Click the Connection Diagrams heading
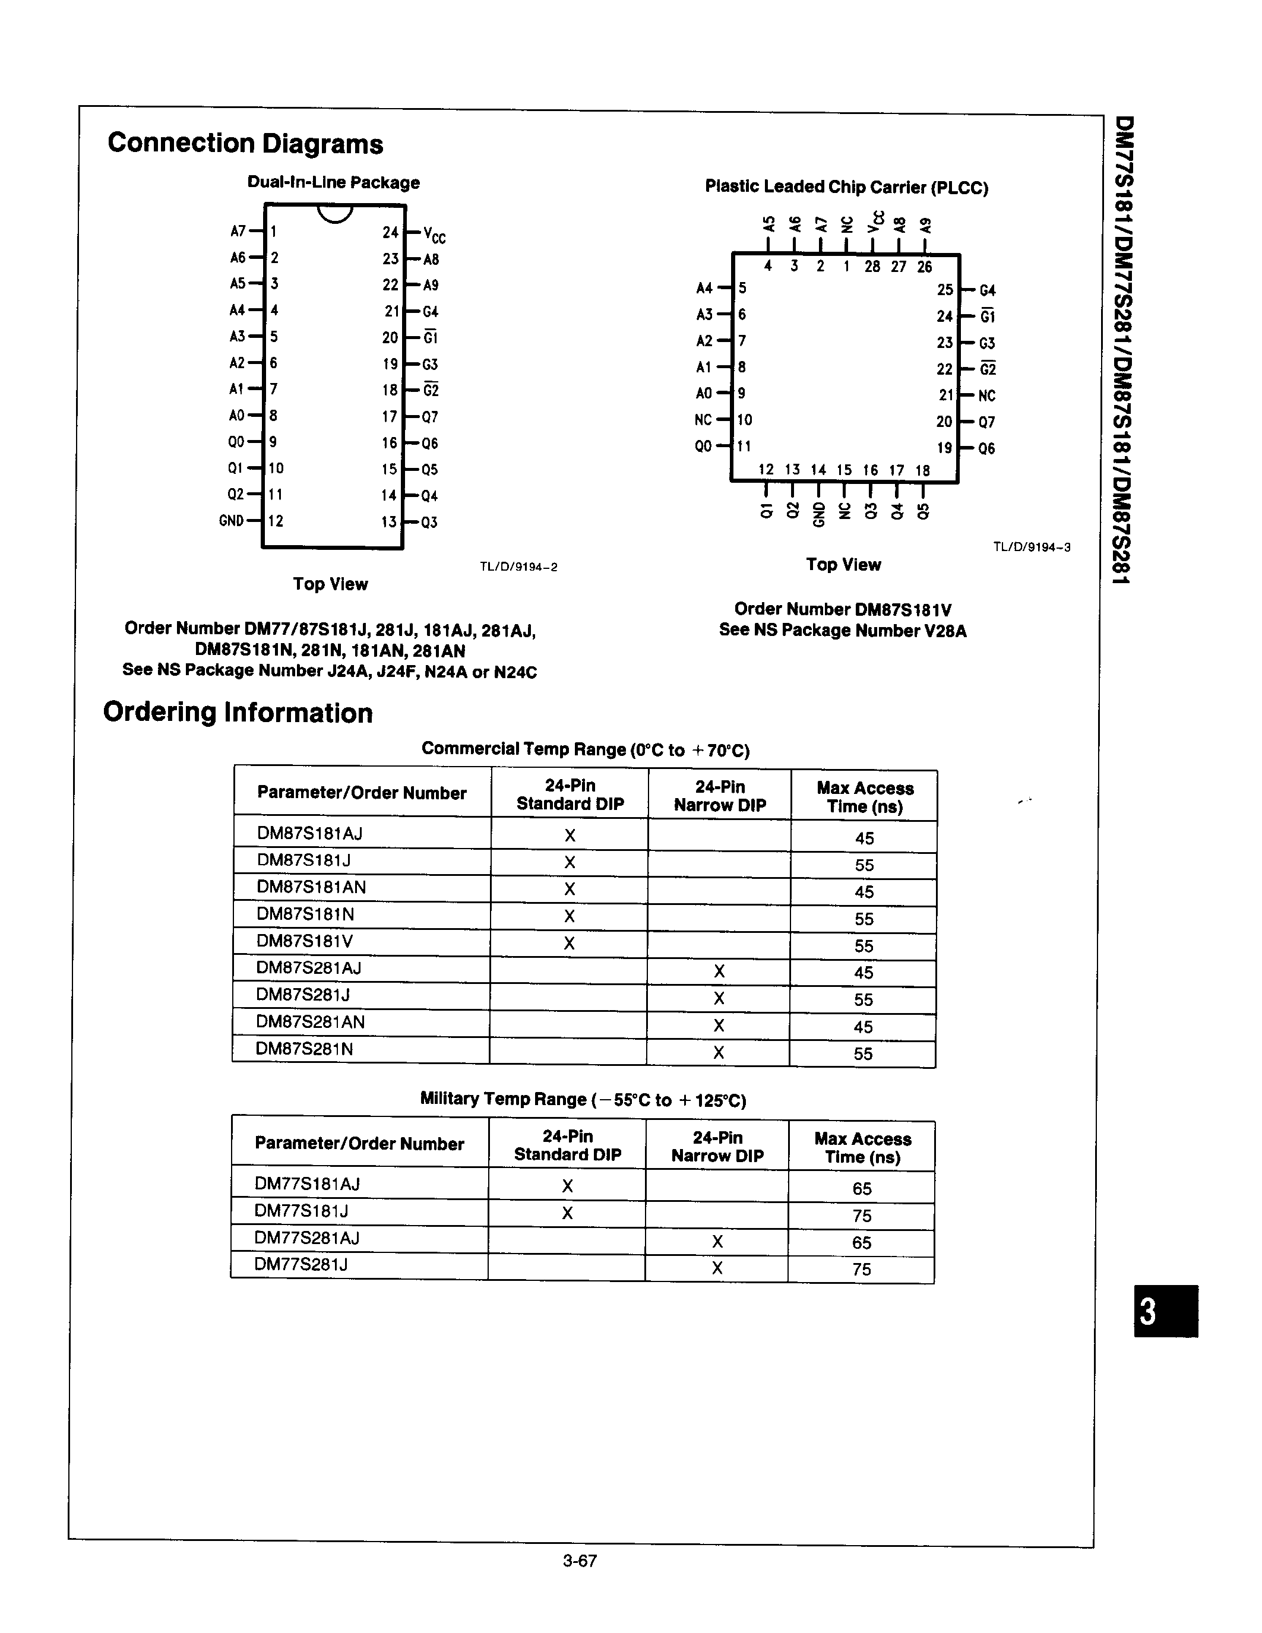point(245,144)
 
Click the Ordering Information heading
point(238,713)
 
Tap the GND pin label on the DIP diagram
point(231,520)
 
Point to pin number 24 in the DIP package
point(390,233)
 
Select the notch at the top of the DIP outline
point(334,213)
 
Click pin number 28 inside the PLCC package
point(872,266)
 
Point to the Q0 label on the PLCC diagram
point(703,447)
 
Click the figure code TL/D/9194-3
point(1031,546)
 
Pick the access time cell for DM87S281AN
point(863,1027)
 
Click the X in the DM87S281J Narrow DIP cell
point(719,998)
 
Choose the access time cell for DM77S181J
point(861,1216)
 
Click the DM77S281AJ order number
point(306,1238)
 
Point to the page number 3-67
point(580,1561)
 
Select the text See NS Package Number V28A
point(843,630)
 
